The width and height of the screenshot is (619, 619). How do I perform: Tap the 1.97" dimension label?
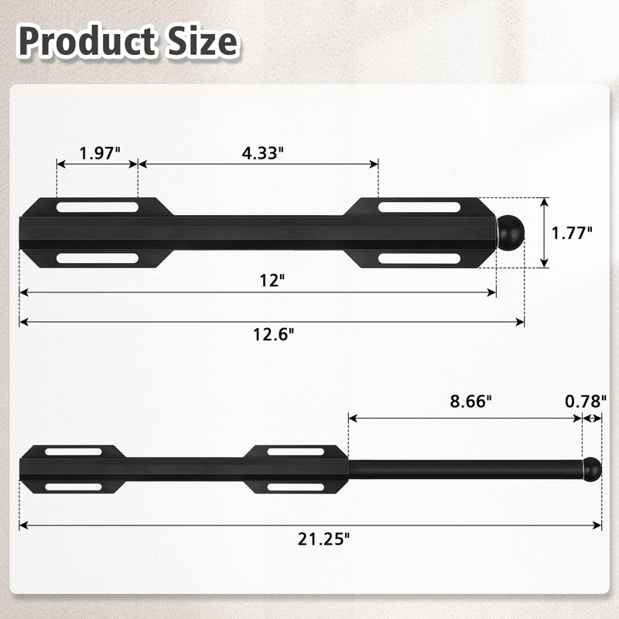tap(99, 152)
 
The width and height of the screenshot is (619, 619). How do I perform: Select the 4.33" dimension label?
tap(258, 152)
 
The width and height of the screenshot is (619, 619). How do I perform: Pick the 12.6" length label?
tap(273, 333)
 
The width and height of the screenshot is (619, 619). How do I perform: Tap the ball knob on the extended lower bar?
tap(591, 469)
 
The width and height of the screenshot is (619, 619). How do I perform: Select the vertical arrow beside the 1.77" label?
tap(545, 232)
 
